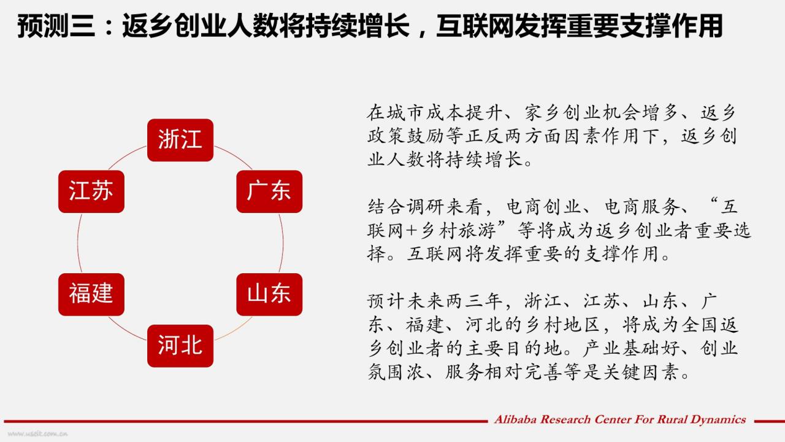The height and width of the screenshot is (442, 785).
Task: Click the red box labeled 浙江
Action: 180,140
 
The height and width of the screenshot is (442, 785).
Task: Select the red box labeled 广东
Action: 269,192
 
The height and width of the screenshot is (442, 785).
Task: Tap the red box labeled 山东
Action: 269,294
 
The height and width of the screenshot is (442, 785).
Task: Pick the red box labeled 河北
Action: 180,346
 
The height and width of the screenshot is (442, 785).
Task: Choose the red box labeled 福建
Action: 91,294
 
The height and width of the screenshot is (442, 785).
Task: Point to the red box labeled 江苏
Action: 91,192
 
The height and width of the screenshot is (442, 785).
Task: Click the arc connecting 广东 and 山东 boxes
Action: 283,243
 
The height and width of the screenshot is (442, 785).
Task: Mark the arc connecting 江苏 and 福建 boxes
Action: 77,243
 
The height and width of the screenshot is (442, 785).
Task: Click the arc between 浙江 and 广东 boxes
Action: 235,156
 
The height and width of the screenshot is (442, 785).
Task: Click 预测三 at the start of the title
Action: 56,26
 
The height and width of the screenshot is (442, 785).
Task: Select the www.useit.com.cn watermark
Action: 37,434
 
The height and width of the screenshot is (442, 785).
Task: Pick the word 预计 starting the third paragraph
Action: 386,301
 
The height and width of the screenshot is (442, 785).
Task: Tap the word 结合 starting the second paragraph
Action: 386,207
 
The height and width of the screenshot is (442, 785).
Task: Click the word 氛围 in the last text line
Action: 385,372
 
